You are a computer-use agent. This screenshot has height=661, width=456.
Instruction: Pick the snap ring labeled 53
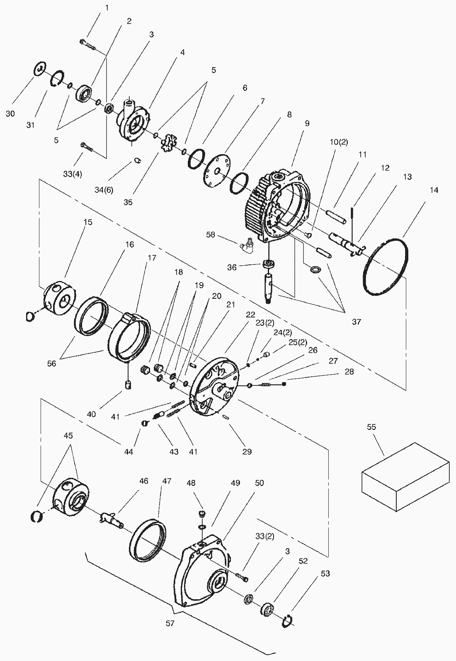point(289,620)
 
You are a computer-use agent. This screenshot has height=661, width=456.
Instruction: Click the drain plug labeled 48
point(202,514)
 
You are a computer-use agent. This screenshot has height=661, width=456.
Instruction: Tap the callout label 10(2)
point(339,142)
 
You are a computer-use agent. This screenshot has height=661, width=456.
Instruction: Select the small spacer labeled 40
point(129,385)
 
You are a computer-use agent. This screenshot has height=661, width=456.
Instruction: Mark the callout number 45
point(68,436)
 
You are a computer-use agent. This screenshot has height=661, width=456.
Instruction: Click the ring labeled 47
point(148,540)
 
